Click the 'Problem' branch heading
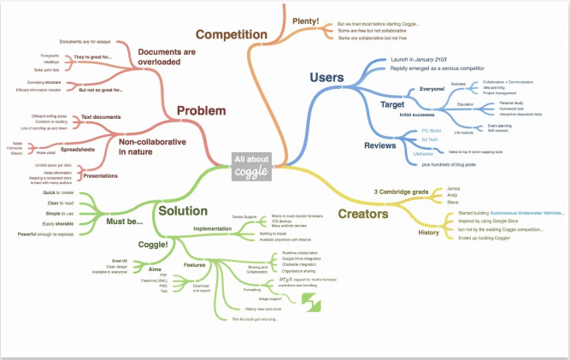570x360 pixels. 202,110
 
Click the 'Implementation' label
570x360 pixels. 212,229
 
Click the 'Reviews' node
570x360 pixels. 383,145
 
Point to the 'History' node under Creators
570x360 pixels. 430,232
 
